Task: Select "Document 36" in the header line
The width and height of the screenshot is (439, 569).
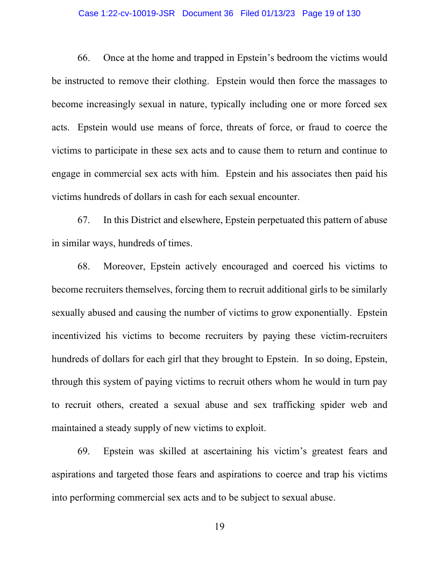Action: (208, 13)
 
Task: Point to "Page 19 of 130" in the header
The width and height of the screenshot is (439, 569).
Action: (331, 13)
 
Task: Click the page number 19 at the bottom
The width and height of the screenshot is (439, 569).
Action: (219, 526)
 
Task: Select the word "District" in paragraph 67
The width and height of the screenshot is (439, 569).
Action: (140, 220)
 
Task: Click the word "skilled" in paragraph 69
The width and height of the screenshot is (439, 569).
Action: (180, 451)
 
